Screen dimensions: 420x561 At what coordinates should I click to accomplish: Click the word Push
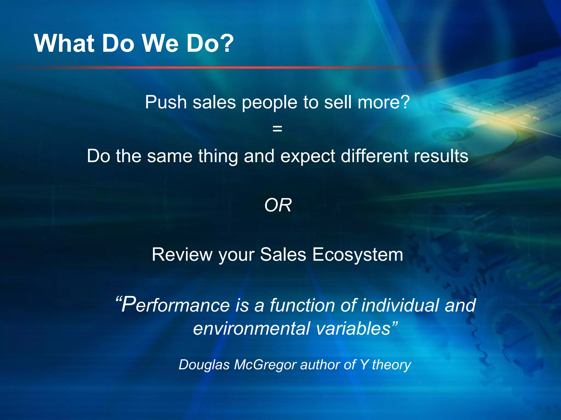click(166, 102)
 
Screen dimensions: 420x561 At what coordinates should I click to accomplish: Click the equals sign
click(277, 129)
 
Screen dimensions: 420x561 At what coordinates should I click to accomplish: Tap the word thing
click(218, 156)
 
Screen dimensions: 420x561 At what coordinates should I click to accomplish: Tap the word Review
click(182, 254)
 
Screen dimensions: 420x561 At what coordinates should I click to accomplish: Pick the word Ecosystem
click(357, 255)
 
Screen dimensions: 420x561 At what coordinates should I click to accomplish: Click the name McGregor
click(265, 365)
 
